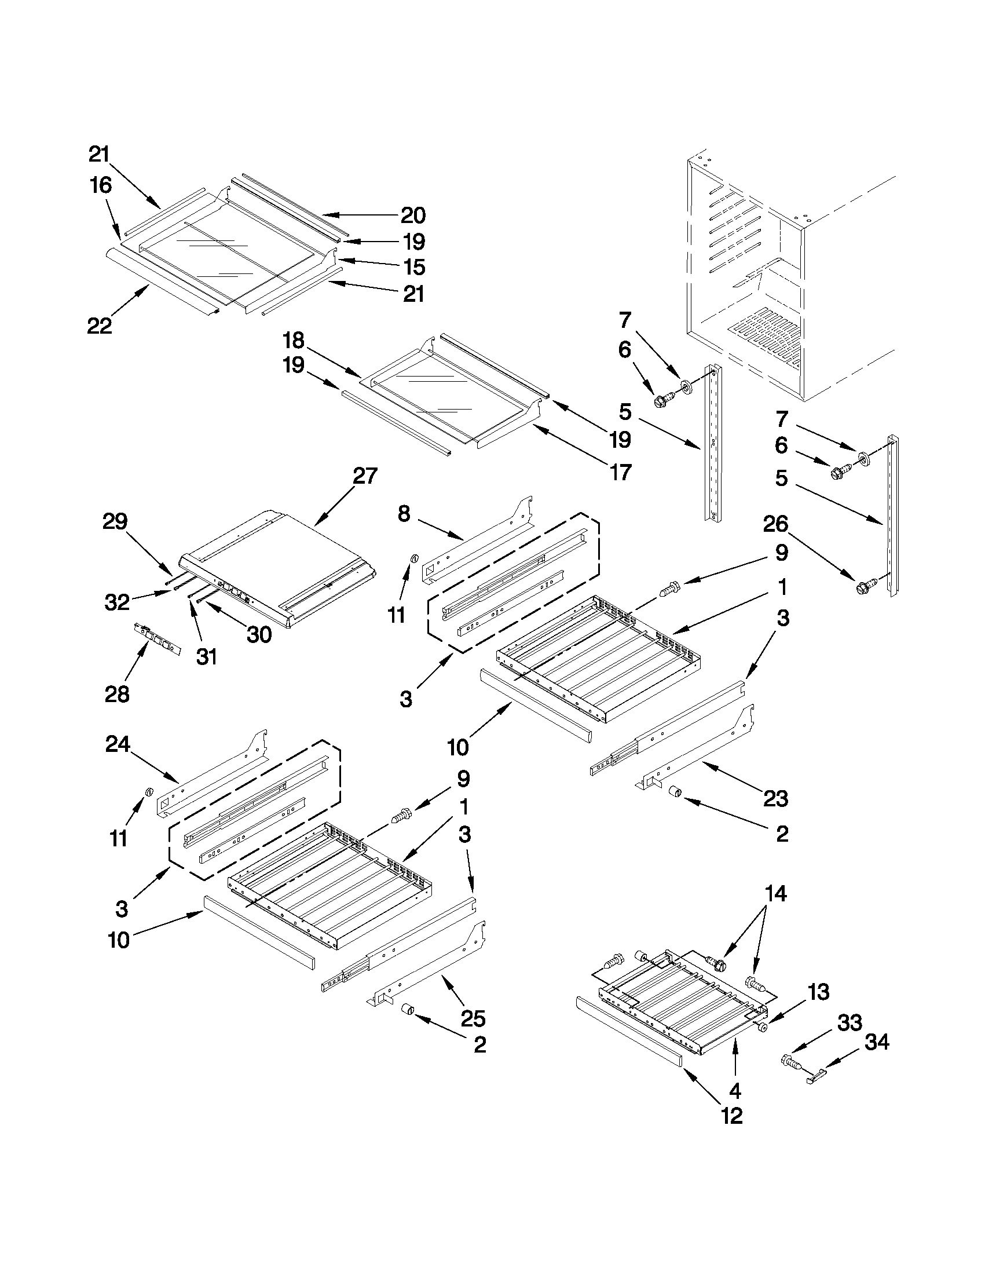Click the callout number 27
pos(365,476)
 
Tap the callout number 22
pos(99,326)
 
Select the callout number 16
pos(100,185)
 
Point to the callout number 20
pos(413,215)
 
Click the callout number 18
pos(294,340)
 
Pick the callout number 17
pos(620,472)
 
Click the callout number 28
pos(117,695)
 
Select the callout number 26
pos(775,524)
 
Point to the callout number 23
pos(775,798)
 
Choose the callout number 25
pos(473,1019)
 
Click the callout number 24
pos(118,744)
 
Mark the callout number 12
pos(732,1116)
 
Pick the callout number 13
pos(819,991)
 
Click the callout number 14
pos(775,893)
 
